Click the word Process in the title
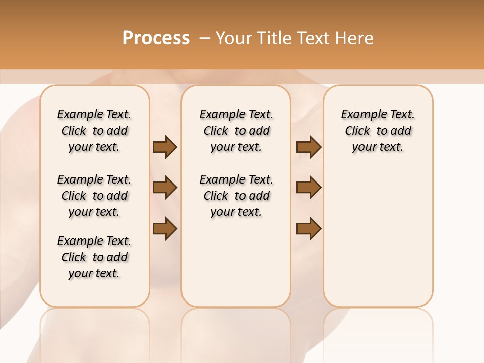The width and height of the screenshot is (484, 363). click(x=156, y=38)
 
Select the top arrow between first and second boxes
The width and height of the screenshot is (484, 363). click(x=165, y=147)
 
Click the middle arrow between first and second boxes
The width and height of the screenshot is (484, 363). click(x=165, y=188)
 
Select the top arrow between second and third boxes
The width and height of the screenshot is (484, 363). click(x=309, y=147)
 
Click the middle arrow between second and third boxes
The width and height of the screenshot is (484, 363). click(x=309, y=188)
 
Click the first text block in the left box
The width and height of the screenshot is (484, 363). click(x=94, y=131)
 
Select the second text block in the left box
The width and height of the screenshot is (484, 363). click(x=94, y=196)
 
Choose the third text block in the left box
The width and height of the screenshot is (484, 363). click(x=94, y=257)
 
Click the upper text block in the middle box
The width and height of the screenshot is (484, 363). click(x=236, y=131)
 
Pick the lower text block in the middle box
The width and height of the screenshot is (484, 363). click(x=236, y=196)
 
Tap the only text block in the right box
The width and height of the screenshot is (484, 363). click(x=378, y=131)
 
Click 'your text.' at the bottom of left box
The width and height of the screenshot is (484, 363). click(x=94, y=273)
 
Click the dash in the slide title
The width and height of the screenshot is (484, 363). click(x=205, y=38)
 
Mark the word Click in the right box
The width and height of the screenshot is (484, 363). click(x=357, y=131)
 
